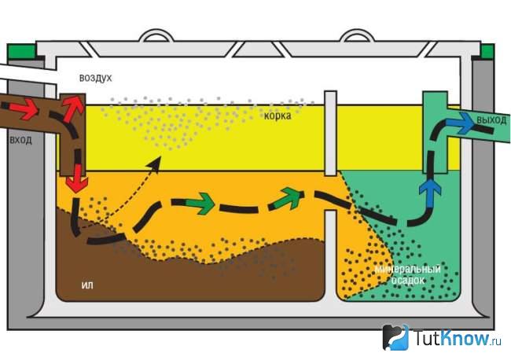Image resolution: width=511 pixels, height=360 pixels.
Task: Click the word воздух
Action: pos(95,78)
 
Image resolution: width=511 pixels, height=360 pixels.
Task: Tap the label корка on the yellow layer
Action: pos(278,116)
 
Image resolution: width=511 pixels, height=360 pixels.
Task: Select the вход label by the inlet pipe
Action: pos(21,140)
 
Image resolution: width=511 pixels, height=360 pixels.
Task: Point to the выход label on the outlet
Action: pos(491,120)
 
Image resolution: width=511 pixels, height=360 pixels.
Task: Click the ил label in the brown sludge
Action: pos(87,285)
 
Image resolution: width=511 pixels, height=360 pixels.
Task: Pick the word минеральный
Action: pos(408,269)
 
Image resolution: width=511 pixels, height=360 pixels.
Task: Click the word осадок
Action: pos(408,280)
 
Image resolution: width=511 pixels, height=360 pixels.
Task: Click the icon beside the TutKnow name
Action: pos(395,337)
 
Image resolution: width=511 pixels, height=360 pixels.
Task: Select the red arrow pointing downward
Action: pos(77,178)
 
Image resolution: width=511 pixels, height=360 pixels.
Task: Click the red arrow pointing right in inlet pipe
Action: pos(24,109)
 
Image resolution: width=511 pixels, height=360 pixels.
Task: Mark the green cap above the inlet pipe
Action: pos(21,51)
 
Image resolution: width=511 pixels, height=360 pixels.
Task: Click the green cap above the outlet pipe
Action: pos(487,51)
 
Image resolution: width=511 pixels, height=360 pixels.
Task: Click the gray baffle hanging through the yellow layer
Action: pos(330,134)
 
